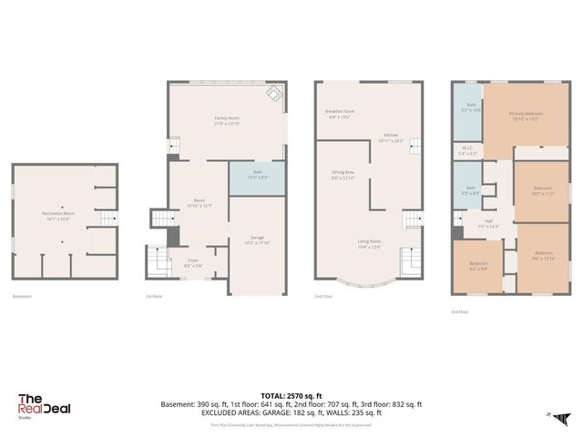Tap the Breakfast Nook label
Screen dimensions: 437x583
pos(341,114)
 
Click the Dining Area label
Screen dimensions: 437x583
pos(343,174)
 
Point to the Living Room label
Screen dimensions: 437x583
pos(370,243)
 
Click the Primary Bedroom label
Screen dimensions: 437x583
pos(525,116)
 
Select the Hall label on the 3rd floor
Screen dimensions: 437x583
pos(488,223)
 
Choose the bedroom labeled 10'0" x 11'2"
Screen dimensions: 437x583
pos(542,191)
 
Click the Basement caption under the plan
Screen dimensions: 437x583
pos(23,297)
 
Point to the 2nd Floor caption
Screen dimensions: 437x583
pos(324,297)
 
